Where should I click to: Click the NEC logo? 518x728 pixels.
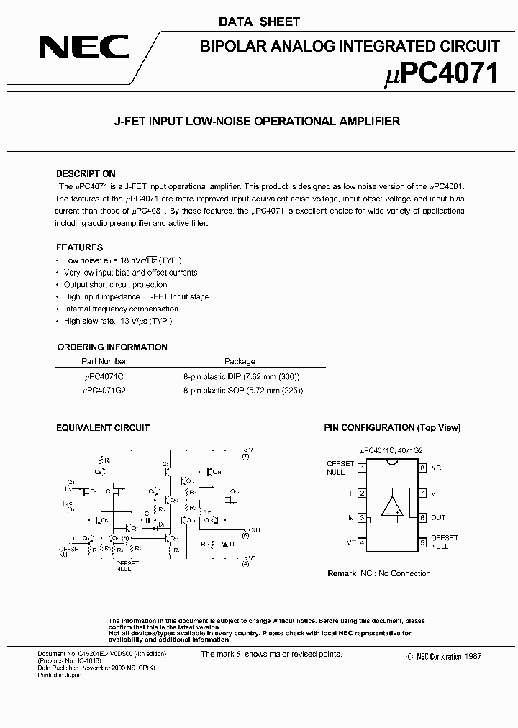[x=84, y=48]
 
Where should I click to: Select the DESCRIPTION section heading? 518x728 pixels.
[x=86, y=174]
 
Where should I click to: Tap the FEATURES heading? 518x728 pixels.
[x=79, y=247]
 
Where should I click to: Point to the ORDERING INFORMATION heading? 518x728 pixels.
[x=112, y=347]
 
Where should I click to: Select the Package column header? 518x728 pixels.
[x=240, y=362]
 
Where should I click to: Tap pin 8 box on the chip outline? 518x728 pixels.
[x=422, y=468]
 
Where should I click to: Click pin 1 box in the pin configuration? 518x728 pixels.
[x=362, y=468]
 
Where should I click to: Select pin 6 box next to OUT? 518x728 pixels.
[x=422, y=518]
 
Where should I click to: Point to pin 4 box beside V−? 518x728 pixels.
[x=362, y=542]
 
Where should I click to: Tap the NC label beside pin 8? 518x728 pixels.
[x=436, y=468]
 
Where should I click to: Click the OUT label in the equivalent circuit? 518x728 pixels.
[x=252, y=529]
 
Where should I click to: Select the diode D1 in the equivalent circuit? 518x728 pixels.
[x=154, y=527]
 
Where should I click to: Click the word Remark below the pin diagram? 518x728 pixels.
[x=342, y=573]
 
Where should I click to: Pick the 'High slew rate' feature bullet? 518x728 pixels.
[x=118, y=321]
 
